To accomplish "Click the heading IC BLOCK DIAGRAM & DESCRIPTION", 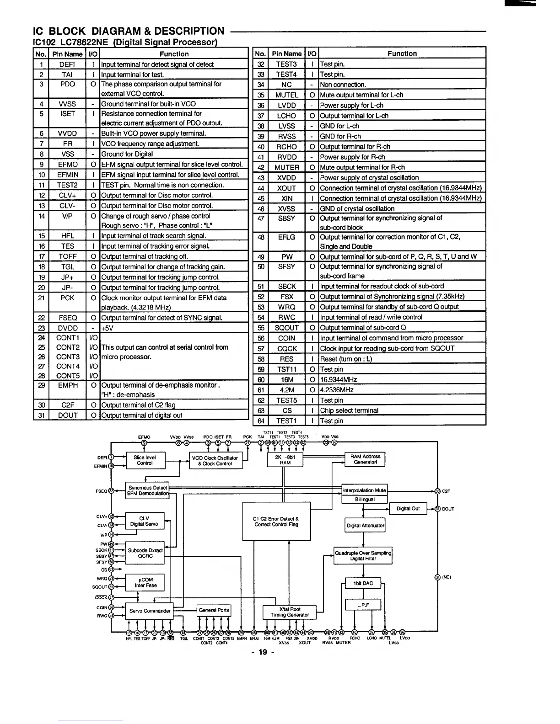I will pyautogui.click(x=129, y=31).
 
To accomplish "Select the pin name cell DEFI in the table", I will pyautogui.click(x=67, y=64).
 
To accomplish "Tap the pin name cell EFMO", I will pyautogui.click(x=67, y=165).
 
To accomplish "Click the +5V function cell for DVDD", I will pyautogui.click(x=174, y=328).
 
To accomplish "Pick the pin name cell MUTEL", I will pyautogui.click(x=286, y=95).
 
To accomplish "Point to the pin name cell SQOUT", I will pyautogui.click(x=286, y=328).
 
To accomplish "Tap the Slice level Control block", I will pyautogui.click(x=145, y=460).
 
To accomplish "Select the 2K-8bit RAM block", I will pyautogui.click(x=285, y=460).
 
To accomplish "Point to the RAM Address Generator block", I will pyautogui.click(x=365, y=459).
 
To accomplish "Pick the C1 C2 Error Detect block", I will pyautogui.click(x=276, y=522).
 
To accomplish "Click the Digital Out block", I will pyautogui.click(x=408, y=508).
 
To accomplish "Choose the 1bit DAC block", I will pyautogui.click(x=363, y=583).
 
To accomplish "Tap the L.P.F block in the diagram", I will pyautogui.click(x=363, y=605).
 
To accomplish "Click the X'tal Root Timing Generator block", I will pyautogui.click(x=290, y=612).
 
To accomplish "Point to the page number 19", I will pyautogui.click(x=263, y=652).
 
